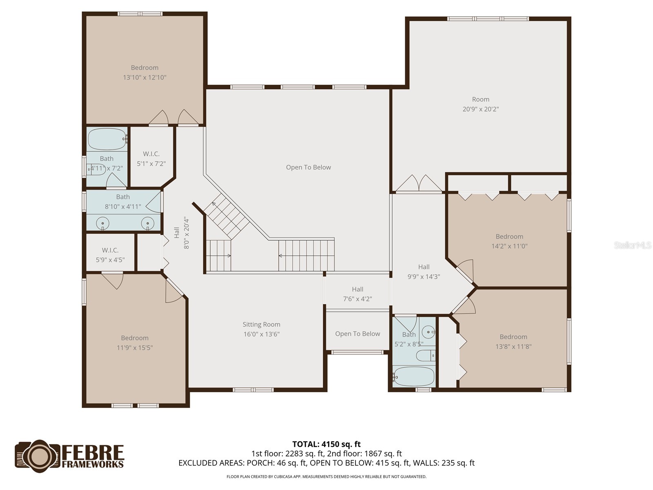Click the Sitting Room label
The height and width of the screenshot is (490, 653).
point(261,325)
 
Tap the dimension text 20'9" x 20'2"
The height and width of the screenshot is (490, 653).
point(480,109)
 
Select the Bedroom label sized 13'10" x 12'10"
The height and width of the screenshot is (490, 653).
point(144,68)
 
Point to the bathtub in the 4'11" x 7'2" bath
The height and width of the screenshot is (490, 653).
point(107,139)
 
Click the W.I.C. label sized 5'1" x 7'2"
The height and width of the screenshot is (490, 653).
point(151,154)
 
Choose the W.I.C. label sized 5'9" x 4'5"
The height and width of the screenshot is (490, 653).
point(110,250)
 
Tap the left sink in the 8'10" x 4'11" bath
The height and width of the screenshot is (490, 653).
point(102,223)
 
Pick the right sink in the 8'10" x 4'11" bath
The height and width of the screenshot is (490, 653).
point(148,223)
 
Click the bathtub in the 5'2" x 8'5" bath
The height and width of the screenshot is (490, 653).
point(414,376)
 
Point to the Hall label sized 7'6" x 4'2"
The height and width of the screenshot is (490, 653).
point(358,289)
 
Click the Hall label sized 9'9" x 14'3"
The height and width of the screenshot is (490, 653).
point(424,267)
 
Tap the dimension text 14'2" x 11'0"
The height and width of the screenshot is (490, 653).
point(509,246)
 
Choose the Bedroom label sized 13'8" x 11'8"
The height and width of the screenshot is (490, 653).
point(513,337)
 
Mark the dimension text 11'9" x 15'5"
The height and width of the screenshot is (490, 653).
point(135,348)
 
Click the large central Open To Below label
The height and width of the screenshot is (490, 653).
point(309,167)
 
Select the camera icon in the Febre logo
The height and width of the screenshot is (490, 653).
point(38,456)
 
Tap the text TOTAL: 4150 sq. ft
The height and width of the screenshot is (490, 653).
point(326,444)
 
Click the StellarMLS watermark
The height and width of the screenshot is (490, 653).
point(632,245)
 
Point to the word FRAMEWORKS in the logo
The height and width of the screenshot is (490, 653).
point(93,464)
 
